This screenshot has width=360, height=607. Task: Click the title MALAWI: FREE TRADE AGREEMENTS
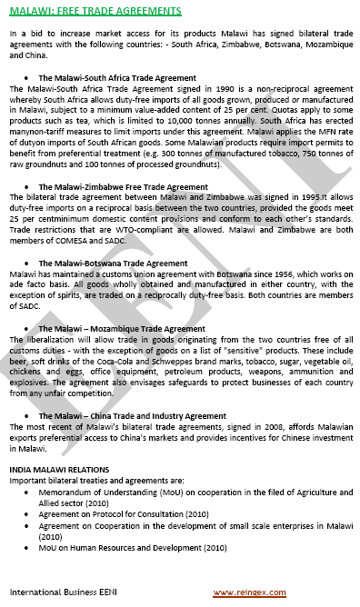[95, 11]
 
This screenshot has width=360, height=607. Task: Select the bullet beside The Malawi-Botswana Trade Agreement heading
[33, 264]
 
